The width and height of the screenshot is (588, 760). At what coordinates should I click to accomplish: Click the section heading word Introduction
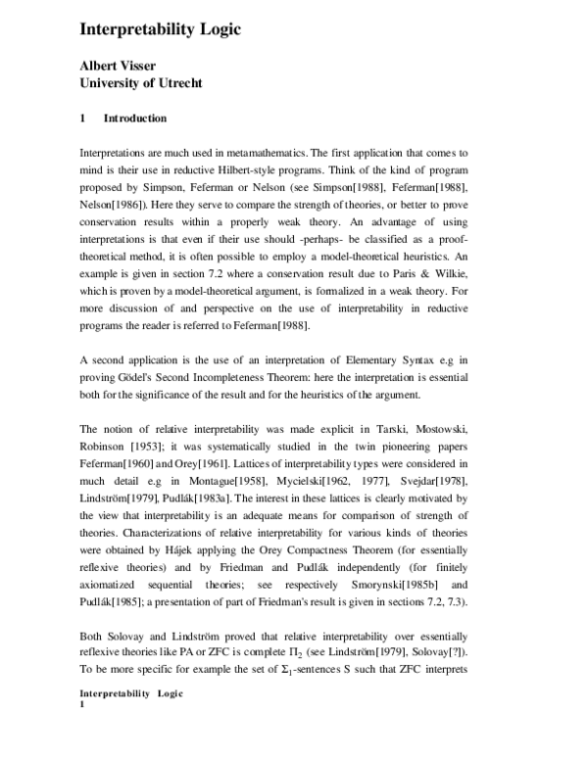click(135, 119)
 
